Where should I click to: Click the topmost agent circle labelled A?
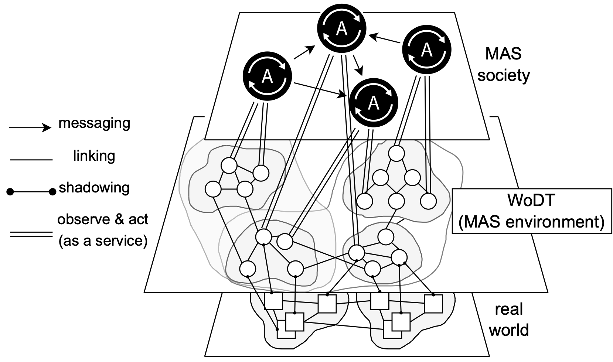point(342,29)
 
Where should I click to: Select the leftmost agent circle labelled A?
point(267,76)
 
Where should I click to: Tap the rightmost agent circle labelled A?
point(426,49)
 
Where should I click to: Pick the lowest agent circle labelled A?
point(374,102)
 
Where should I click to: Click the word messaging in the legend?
point(94,123)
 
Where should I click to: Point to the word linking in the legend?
point(94,156)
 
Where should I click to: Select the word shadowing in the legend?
point(94,188)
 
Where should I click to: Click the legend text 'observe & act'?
point(103,219)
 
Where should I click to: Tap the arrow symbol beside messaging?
point(30,128)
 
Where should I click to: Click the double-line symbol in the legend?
point(31,234)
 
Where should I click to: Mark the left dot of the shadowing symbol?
point(11,191)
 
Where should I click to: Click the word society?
point(503,75)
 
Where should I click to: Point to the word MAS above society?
point(503,54)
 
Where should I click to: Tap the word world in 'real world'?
point(509,329)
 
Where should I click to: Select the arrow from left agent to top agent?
point(304,52)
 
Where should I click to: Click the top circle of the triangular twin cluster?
point(396,154)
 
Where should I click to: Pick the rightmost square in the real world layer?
point(433,304)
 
